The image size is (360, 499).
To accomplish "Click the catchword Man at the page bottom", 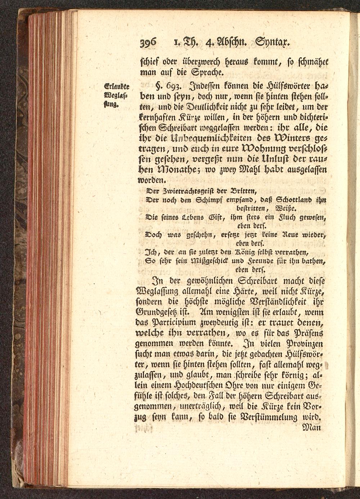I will (310, 428).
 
